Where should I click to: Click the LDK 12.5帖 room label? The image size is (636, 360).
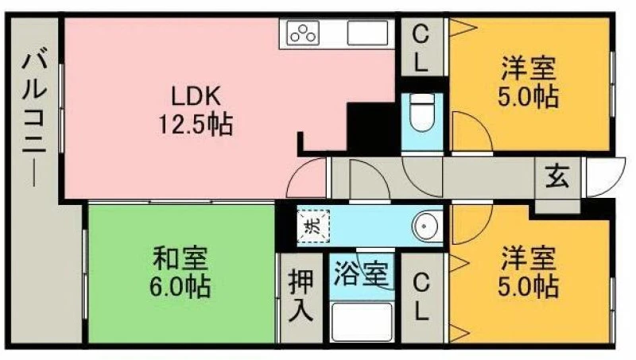coord(196,110)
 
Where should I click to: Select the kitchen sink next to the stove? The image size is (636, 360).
coord(368,33)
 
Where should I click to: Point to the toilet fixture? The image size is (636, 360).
coord(422,111)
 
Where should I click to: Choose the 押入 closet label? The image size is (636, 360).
coord(301,296)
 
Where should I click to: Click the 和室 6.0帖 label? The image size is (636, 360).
coord(180,272)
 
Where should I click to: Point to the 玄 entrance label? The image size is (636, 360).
coord(557,177)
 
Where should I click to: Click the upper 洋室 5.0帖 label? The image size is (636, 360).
coord(528,83)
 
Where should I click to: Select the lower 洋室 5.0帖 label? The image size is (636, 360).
coord(528,272)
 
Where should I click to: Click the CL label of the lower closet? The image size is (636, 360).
coord(421,297)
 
